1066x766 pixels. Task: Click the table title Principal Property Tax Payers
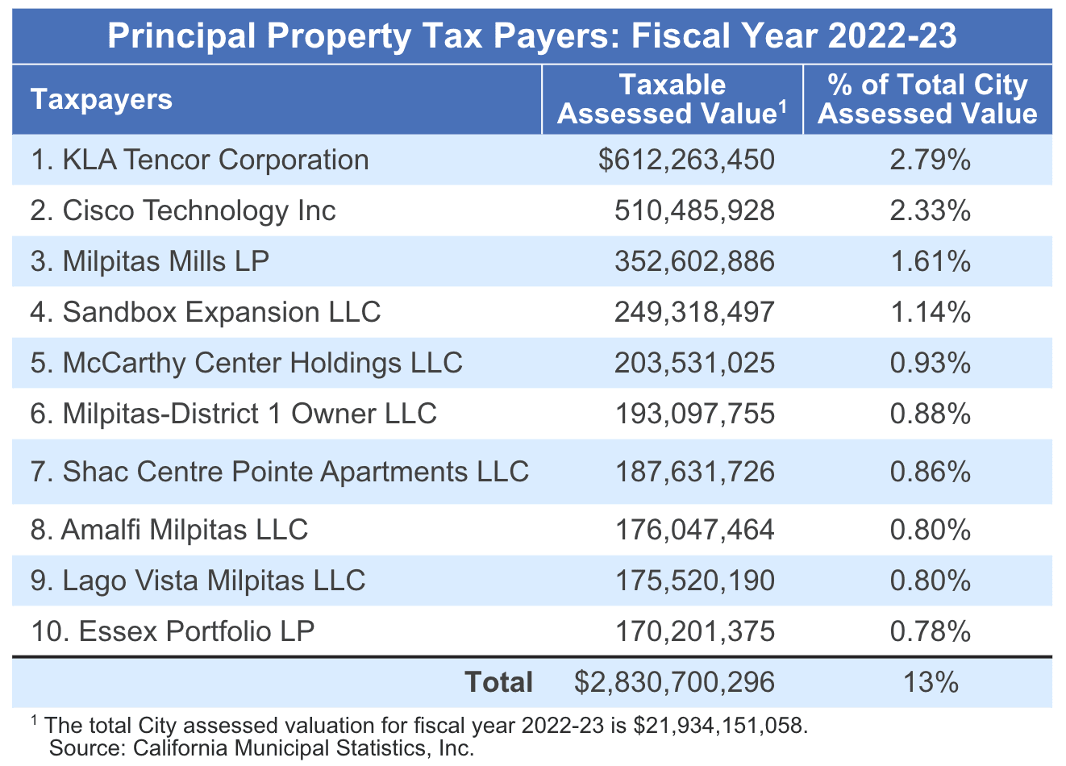(x=532, y=36)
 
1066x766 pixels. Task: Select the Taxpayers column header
(x=102, y=99)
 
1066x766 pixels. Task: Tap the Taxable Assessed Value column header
(x=672, y=99)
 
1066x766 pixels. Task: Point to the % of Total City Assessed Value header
(x=928, y=99)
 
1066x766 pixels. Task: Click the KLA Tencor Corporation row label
(x=199, y=160)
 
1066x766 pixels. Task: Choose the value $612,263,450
(x=686, y=160)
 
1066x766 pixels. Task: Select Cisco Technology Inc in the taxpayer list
(x=183, y=210)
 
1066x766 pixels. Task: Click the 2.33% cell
(x=930, y=210)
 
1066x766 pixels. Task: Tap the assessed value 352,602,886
(x=694, y=261)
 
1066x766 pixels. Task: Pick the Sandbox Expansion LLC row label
(x=205, y=312)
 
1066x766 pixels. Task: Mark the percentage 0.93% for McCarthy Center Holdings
(x=930, y=363)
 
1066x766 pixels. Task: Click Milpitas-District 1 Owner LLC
(x=233, y=414)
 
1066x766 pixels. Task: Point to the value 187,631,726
(x=694, y=472)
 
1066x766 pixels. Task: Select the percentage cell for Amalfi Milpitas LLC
(x=930, y=530)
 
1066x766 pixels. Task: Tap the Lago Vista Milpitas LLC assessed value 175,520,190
(x=694, y=581)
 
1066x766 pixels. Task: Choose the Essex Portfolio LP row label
(x=173, y=631)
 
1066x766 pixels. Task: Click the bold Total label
(x=499, y=682)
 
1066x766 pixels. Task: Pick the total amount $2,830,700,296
(x=674, y=682)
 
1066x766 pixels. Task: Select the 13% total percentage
(x=931, y=682)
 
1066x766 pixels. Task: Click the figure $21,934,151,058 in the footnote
(x=719, y=725)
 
